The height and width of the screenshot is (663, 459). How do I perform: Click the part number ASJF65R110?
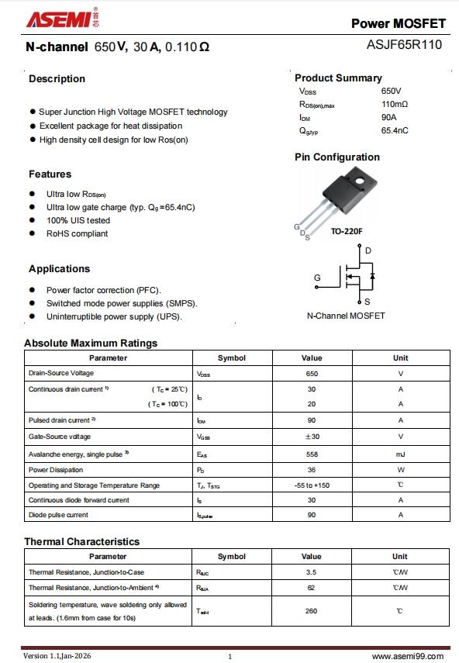[404, 45]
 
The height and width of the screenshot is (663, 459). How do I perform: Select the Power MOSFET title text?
[398, 23]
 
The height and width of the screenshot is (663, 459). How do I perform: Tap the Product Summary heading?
[338, 78]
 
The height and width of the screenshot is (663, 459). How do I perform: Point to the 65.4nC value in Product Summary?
[395, 130]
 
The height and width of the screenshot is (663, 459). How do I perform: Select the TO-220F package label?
[347, 231]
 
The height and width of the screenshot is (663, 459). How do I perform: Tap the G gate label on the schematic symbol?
[317, 278]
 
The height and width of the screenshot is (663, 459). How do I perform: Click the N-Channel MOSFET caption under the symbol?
[346, 316]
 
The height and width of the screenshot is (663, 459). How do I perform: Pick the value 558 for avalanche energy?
[312, 454]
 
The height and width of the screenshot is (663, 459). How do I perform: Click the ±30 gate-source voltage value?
[312, 437]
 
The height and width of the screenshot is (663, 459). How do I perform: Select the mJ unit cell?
[400, 454]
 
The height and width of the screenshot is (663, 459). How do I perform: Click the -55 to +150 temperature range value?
[312, 485]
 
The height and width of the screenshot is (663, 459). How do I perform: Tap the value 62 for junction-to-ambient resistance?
[311, 588]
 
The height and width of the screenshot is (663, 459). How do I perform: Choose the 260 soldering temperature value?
[311, 611]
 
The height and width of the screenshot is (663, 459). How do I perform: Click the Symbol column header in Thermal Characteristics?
[231, 556]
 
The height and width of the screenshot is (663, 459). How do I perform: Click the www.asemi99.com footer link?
[407, 656]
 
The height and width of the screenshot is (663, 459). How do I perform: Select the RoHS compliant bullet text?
[77, 233]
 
